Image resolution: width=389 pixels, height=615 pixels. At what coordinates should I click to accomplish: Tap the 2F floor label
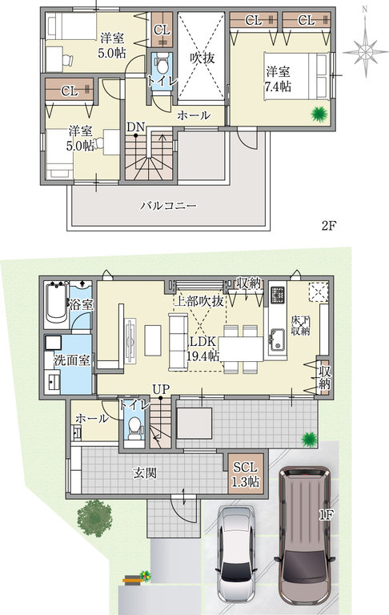pyautogui.click(x=330, y=226)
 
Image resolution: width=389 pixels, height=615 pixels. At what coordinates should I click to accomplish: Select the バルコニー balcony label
pyautogui.click(x=169, y=206)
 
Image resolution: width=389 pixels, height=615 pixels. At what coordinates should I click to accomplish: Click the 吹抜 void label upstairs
pyautogui.click(x=203, y=58)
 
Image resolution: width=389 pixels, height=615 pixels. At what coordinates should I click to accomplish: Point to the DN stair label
pyautogui.click(x=136, y=127)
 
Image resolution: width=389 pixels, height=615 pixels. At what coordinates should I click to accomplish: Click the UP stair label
pyautogui.click(x=161, y=389)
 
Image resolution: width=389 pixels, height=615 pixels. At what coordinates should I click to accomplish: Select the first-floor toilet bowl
pyautogui.click(x=135, y=428)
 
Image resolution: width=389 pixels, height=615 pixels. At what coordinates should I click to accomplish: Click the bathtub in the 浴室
pyautogui.click(x=56, y=305)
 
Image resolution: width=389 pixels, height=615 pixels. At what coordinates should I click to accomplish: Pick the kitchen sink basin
pyautogui.click(x=277, y=340)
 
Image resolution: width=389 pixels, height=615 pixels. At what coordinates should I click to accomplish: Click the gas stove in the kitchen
pyautogui.click(x=278, y=295)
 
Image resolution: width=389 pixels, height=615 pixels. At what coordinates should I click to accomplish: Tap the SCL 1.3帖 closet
pyautogui.click(x=246, y=474)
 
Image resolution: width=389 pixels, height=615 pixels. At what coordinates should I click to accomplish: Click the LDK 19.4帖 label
pyautogui.click(x=203, y=348)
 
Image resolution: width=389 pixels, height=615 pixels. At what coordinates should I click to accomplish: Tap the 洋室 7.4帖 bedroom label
pyautogui.click(x=278, y=78)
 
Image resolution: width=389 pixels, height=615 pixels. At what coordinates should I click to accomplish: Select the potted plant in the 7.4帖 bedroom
pyautogui.click(x=319, y=115)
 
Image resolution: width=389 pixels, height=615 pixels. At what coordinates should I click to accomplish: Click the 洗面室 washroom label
pyautogui.click(x=72, y=360)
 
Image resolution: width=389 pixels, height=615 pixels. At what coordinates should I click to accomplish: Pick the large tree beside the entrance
pyautogui.click(x=95, y=517)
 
